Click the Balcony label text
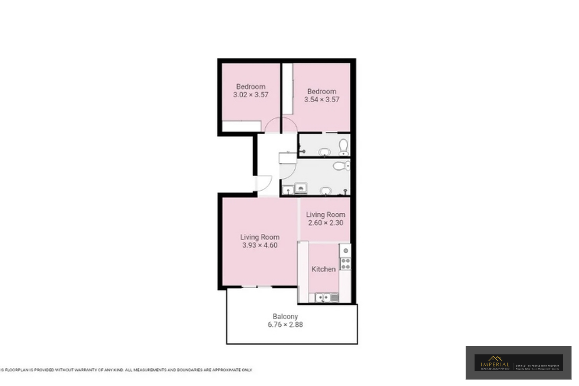[x=285, y=317]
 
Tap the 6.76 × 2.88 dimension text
[x=285, y=325]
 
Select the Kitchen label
[x=323, y=269]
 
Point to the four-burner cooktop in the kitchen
[x=345, y=264]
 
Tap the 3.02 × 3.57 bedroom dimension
[x=251, y=95]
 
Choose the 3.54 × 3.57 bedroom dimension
[x=322, y=100]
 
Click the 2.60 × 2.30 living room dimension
[x=325, y=223]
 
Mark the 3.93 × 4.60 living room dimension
[x=260, y=245]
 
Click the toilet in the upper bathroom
[x=343, y=147]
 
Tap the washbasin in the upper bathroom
[x=324, y=152]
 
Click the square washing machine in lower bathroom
[x=301, y=188]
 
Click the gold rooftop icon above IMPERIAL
[x=495, y=359]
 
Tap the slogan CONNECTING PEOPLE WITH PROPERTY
[x=537, y=365]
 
